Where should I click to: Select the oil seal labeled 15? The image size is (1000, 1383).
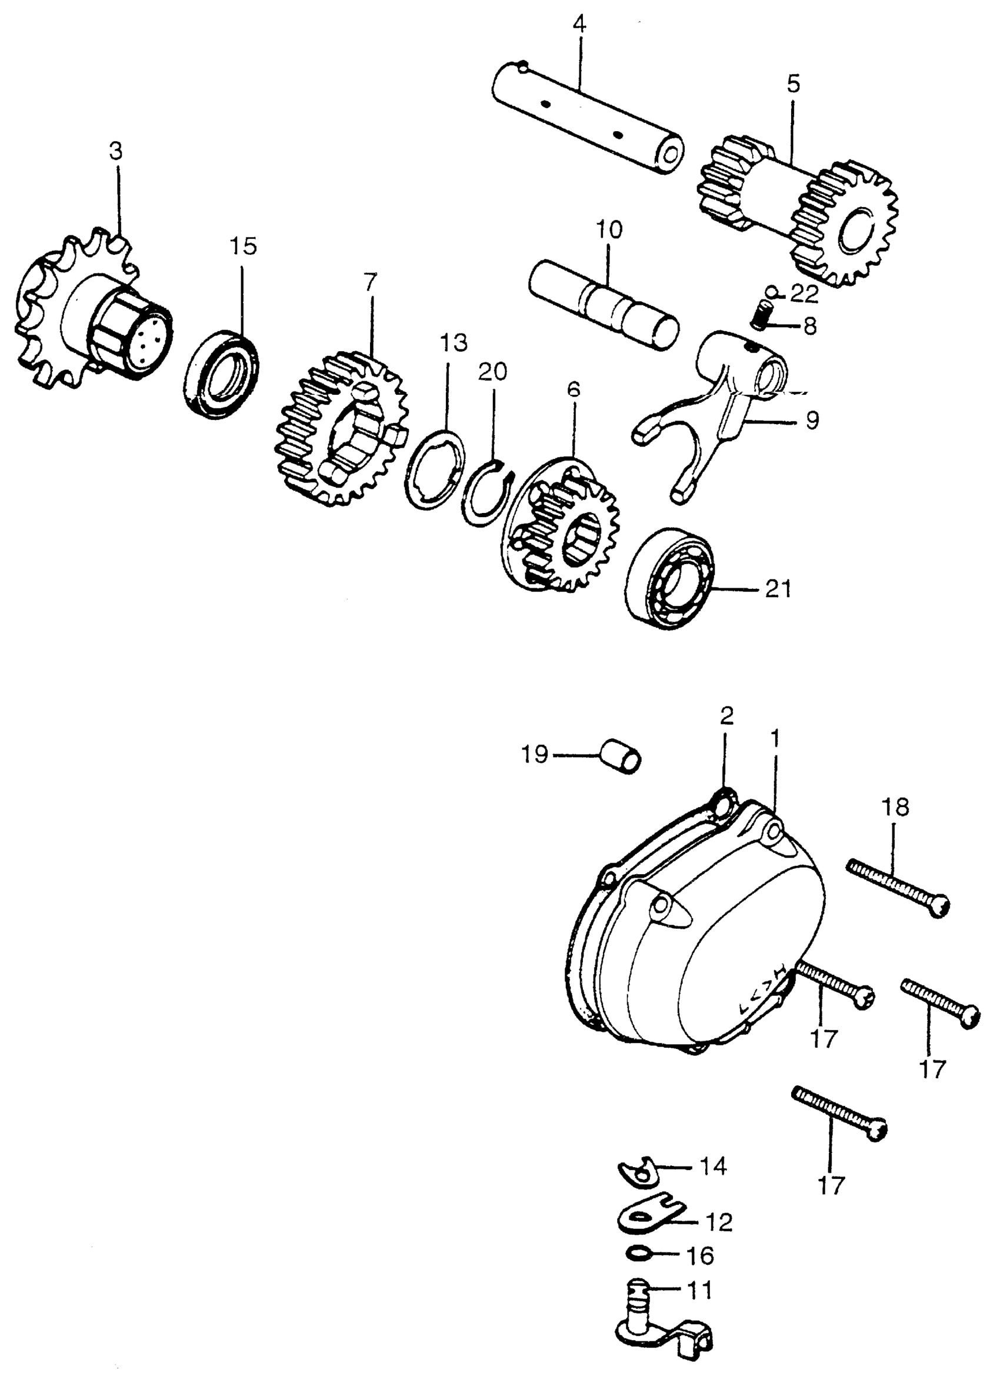pos(221,374)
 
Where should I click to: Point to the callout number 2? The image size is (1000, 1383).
pos(726,717)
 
